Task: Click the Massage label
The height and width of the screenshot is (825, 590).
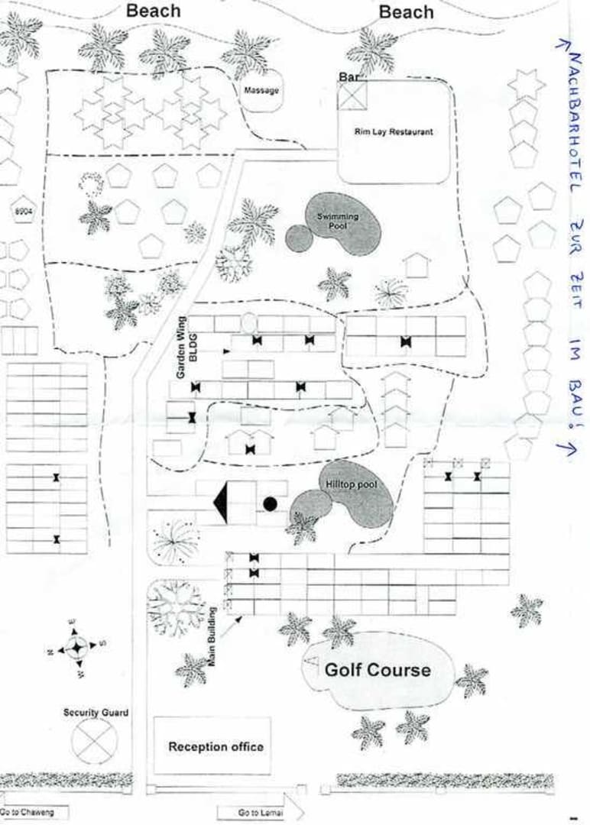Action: click(261, 91)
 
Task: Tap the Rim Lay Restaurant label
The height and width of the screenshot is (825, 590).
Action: click(394, 131)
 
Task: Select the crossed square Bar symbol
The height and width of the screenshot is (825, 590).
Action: click(352, 95)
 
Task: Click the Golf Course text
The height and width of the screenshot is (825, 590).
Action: click(378, 671)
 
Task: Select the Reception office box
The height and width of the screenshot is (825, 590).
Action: click(216, 746)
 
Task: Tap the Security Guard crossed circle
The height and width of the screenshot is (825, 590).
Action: click(95, 740)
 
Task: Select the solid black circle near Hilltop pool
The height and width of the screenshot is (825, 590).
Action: click(270, 503)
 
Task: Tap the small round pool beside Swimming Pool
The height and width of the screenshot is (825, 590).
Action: click(300, 238)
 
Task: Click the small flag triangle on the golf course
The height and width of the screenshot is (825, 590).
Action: click(311, 658)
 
